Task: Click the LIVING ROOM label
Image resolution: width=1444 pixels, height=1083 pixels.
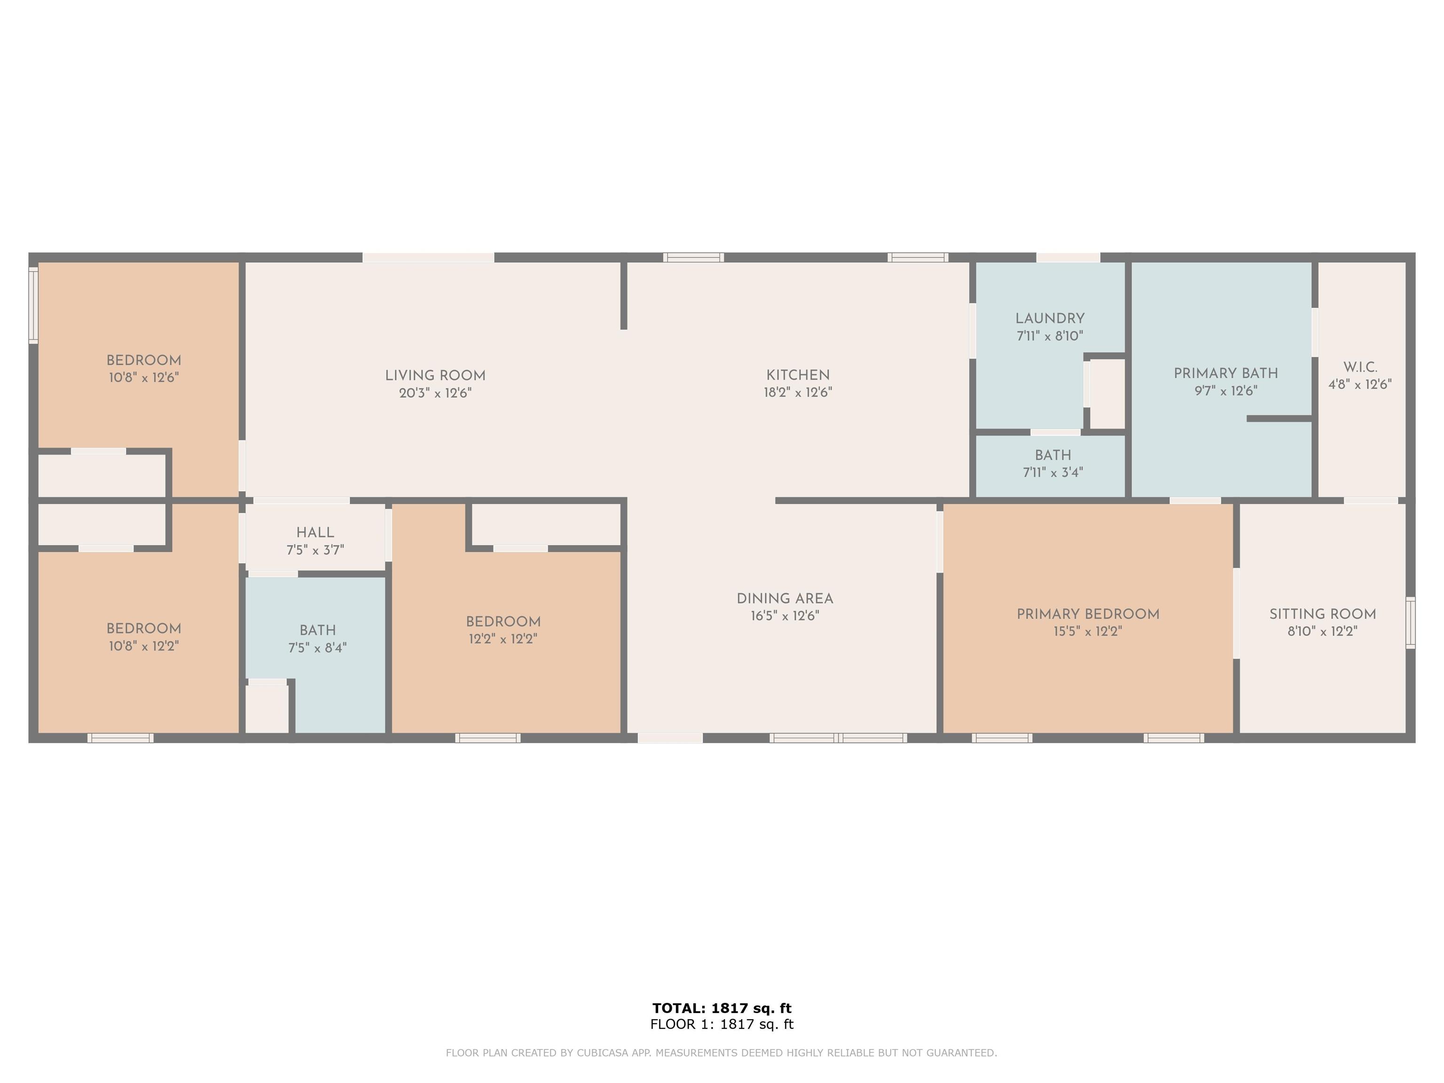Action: [x=435, y=376]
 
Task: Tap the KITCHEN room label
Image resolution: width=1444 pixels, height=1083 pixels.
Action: [x=798, y=376]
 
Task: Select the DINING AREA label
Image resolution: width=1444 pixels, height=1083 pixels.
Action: [x=785, y=599]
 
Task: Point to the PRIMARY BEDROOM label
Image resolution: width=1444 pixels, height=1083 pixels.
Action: [x=1088, y=614]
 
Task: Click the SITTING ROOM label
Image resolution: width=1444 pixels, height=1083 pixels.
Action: [x=1323, y=614]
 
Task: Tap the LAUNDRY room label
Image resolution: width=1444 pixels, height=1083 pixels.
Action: [x=1050, y=319]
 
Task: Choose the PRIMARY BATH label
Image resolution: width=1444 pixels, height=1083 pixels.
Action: [x=1225, y=373]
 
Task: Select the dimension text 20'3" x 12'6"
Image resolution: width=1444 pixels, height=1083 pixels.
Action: [x=435, y=393]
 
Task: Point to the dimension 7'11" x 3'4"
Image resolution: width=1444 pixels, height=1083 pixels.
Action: [x=1052, y=472]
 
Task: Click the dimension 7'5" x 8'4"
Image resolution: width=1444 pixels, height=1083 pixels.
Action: [x=317, y=648]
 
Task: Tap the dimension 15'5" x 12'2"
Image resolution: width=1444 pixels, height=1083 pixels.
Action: [x=1088, y=631]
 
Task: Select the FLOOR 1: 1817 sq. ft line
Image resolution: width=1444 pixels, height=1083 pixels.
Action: [x=722, y=1024]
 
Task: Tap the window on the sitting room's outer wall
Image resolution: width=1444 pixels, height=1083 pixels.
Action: [x=1410, y=623]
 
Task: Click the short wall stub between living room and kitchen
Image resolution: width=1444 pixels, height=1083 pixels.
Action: [x=623, y=295]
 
